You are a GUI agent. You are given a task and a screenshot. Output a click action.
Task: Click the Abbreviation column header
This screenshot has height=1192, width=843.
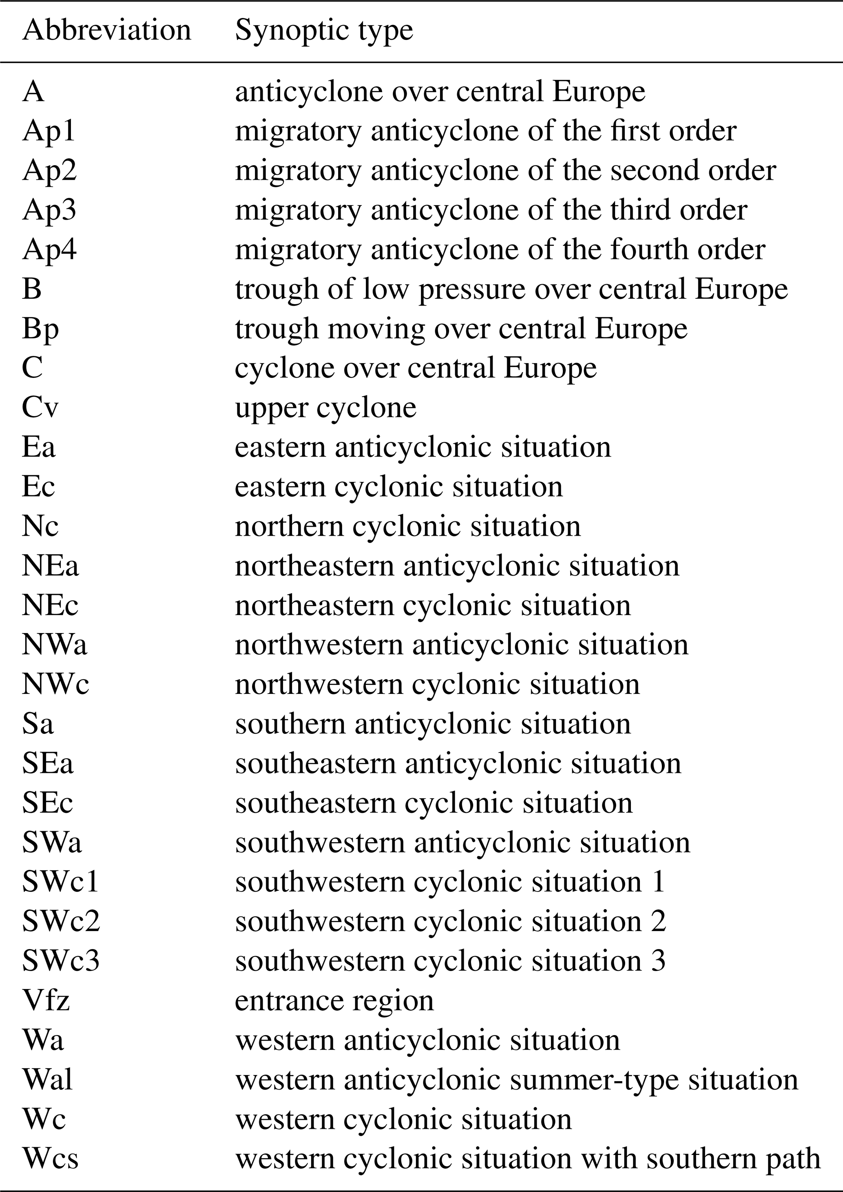[106, 31]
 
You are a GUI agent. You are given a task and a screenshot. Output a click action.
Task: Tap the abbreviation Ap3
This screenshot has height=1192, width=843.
[49, 210]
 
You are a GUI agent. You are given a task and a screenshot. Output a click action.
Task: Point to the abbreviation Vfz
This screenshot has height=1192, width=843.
[46, 1000]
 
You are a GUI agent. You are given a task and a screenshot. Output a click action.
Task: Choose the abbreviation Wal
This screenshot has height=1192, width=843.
[47, 1080]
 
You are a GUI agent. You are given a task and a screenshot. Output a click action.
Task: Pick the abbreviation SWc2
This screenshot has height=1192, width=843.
[61, 921]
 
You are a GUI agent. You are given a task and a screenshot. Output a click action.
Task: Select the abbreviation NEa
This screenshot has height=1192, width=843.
[51, 566]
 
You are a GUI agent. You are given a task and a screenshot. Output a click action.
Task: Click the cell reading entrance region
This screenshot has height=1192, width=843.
[334, 1000]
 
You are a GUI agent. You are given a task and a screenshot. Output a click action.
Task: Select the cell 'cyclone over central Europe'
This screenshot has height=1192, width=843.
[416, 368]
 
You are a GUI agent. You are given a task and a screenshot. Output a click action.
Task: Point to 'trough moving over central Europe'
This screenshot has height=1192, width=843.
[461, 329]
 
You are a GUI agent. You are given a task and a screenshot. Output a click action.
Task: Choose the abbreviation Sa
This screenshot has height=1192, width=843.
[38, 724]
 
